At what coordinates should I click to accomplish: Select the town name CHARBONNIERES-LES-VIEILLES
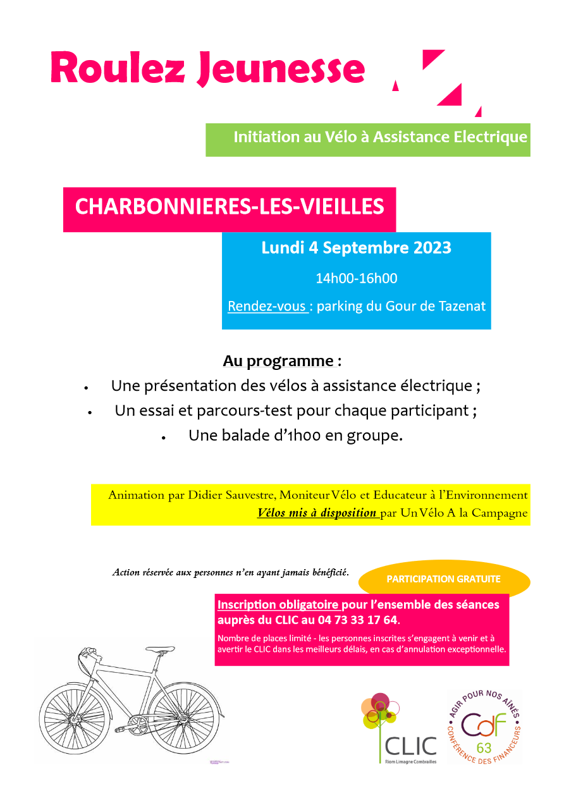230,207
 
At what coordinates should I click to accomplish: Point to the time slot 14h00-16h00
357,278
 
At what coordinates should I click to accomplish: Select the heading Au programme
278,361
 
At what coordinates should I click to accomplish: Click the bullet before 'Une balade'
163,437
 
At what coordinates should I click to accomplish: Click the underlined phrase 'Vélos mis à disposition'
316,513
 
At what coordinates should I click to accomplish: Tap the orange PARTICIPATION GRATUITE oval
443,579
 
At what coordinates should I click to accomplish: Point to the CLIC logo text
410,746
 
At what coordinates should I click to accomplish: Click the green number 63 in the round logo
484,748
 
